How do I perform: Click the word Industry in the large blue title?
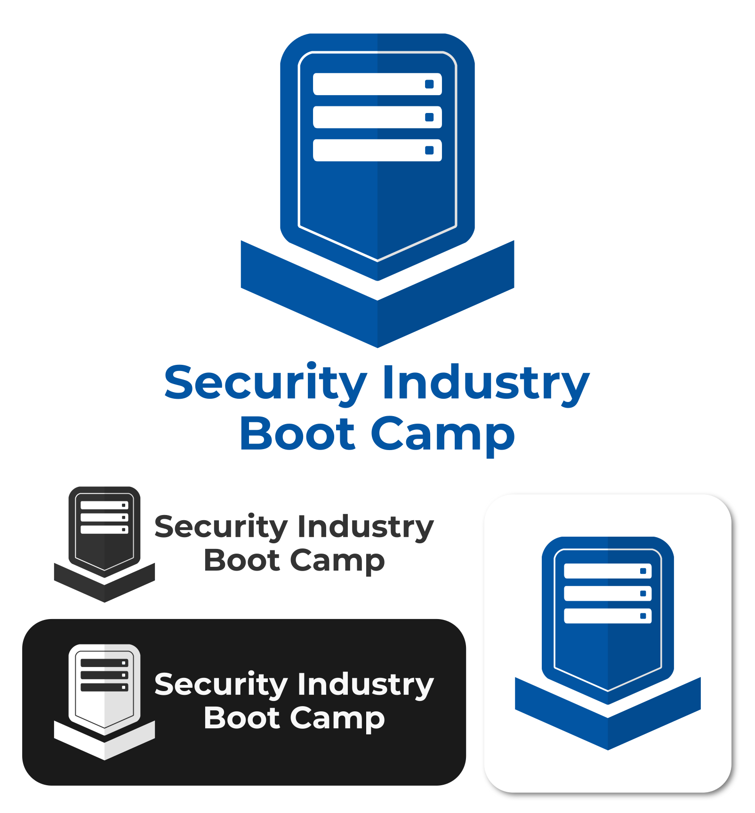coord(485,384)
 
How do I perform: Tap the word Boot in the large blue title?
coord(297,434)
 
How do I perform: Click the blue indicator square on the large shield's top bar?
coord(429,84)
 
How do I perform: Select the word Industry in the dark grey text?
coord(366,527)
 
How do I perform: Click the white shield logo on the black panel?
coord(104,685)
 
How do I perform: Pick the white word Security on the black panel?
coord(221,685)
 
